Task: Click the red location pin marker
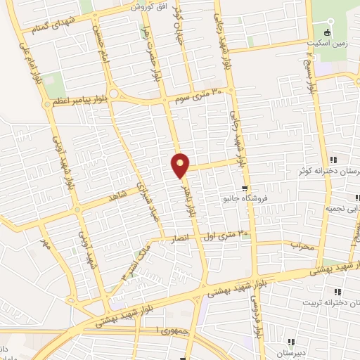[181, 165]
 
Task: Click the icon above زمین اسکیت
[326, 32]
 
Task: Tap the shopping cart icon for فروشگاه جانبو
[243, 188]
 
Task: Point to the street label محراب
[301, 246]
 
